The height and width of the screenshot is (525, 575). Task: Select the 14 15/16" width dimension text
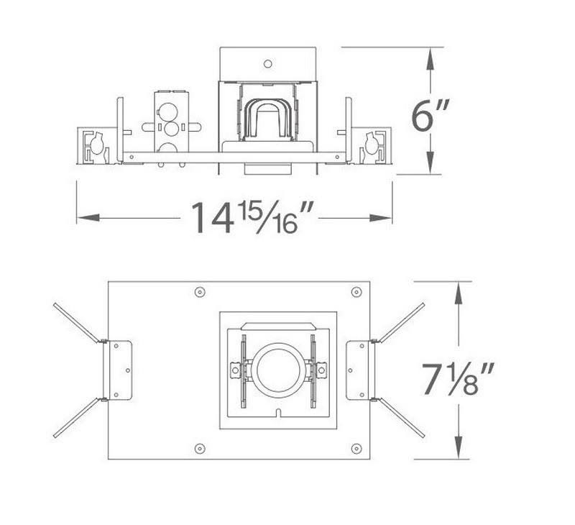(254, 216)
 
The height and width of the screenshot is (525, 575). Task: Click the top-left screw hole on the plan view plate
(200, 292)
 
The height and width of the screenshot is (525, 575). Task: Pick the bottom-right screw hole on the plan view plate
(356, 449)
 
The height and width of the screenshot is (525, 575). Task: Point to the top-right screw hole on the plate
(356, 292)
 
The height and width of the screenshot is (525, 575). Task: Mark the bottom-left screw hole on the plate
(200, 449)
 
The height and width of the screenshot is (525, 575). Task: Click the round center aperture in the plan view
(277, 370)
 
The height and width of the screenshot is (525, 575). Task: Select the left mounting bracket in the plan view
(119, 370)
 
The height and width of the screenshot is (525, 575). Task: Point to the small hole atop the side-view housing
(267, 63)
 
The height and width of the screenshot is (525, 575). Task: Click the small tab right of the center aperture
(321, 370)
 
